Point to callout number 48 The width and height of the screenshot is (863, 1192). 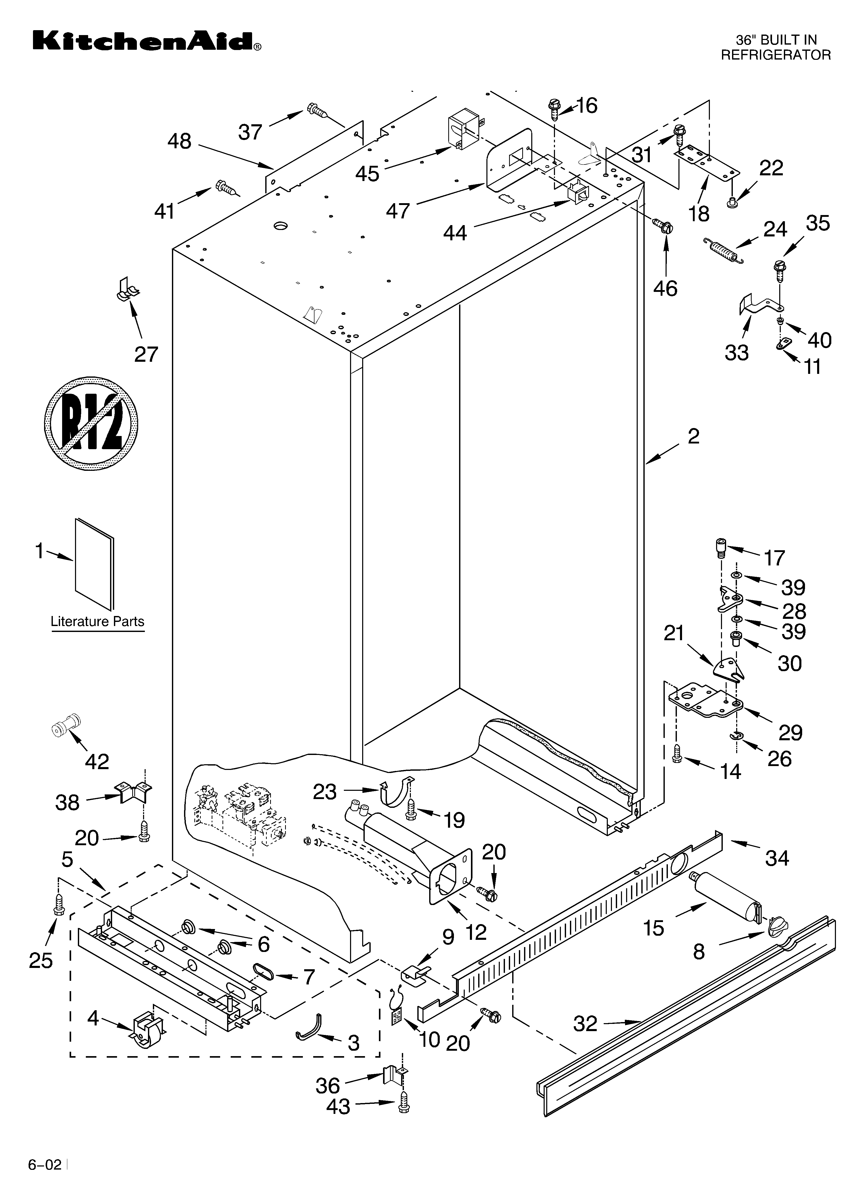179,141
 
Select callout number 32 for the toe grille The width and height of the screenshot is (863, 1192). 585,1023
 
